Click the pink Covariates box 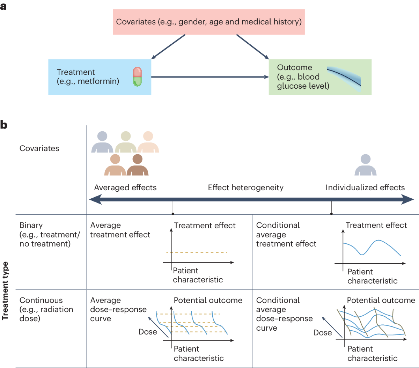[209, 22]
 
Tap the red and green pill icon [137, 77]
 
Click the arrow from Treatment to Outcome [209, 77]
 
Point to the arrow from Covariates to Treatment [168, 47]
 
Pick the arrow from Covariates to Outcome [252, 47]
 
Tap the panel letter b [4, 125]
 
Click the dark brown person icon [138, 165]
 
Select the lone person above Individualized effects [365, 165]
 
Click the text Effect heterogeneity [245, 187]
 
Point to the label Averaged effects [125, 187]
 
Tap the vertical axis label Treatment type [5, 291]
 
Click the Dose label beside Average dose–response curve [148, 332]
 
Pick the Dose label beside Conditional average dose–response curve [322, 332]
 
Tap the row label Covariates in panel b [39, 148]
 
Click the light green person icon [126, 142]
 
